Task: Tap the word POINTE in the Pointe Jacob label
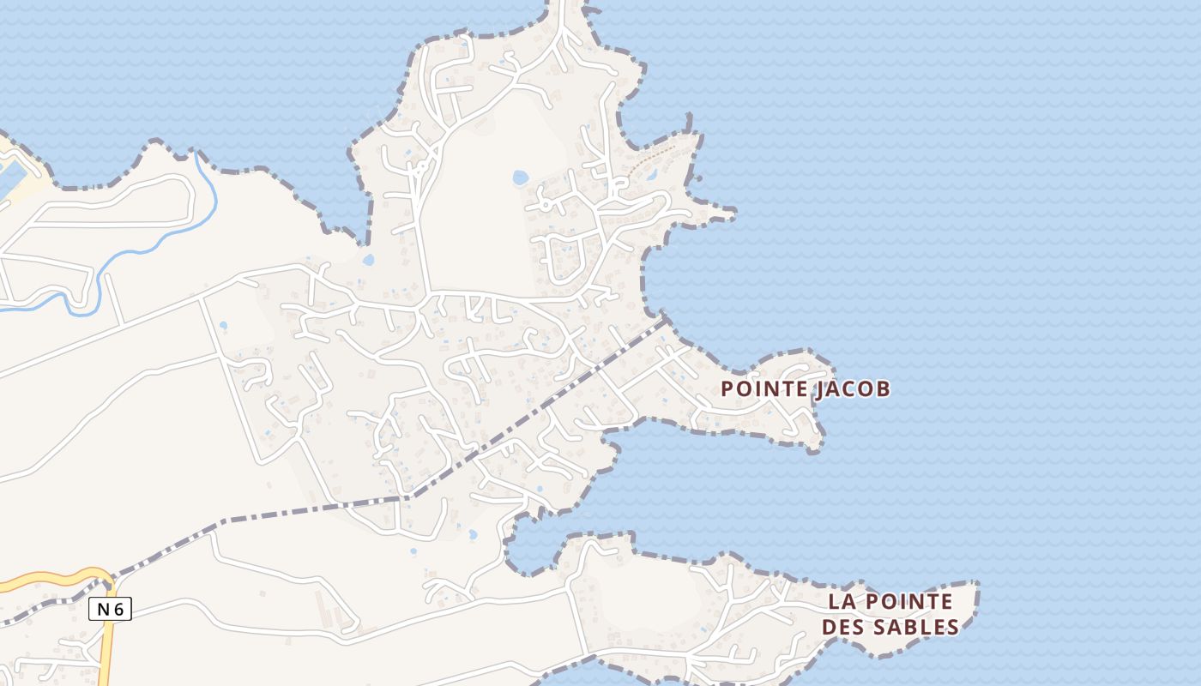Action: tap(763, 389)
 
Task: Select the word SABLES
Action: tap(915, 627)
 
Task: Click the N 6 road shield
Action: tap(110, 610)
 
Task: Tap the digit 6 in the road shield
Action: tap(118, 610)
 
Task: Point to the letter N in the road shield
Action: tap(103, 610)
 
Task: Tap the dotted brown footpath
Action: tap(656, 158)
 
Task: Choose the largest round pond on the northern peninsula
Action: tap(520, 178)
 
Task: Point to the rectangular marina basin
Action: tap(10, 180)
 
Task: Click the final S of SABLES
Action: tap(952, 627)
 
